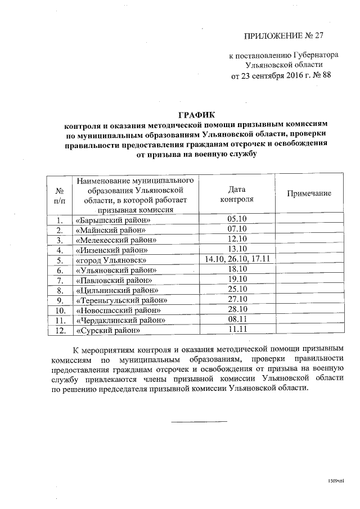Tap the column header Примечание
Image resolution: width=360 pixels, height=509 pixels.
click(x=309, y=193)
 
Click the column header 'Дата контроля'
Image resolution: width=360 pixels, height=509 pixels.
click(x=237, y=194)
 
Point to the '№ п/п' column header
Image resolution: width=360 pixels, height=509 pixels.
click(x=59, y=195)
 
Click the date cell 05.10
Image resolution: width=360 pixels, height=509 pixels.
click(x=237, y=219)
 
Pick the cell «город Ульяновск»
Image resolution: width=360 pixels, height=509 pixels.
click(x=111, y=260)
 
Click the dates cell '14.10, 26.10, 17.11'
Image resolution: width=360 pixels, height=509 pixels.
click(x=237, y=259)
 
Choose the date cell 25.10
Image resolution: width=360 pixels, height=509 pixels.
click(x=237, y=290)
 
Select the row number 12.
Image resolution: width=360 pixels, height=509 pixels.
click(x=59, y=331)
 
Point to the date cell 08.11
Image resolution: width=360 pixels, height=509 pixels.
click(x=237, y=319)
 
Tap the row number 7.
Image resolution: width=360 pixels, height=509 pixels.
click(x=59, y=280)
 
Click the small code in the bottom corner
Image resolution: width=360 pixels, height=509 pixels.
click(x=336, y=482)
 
